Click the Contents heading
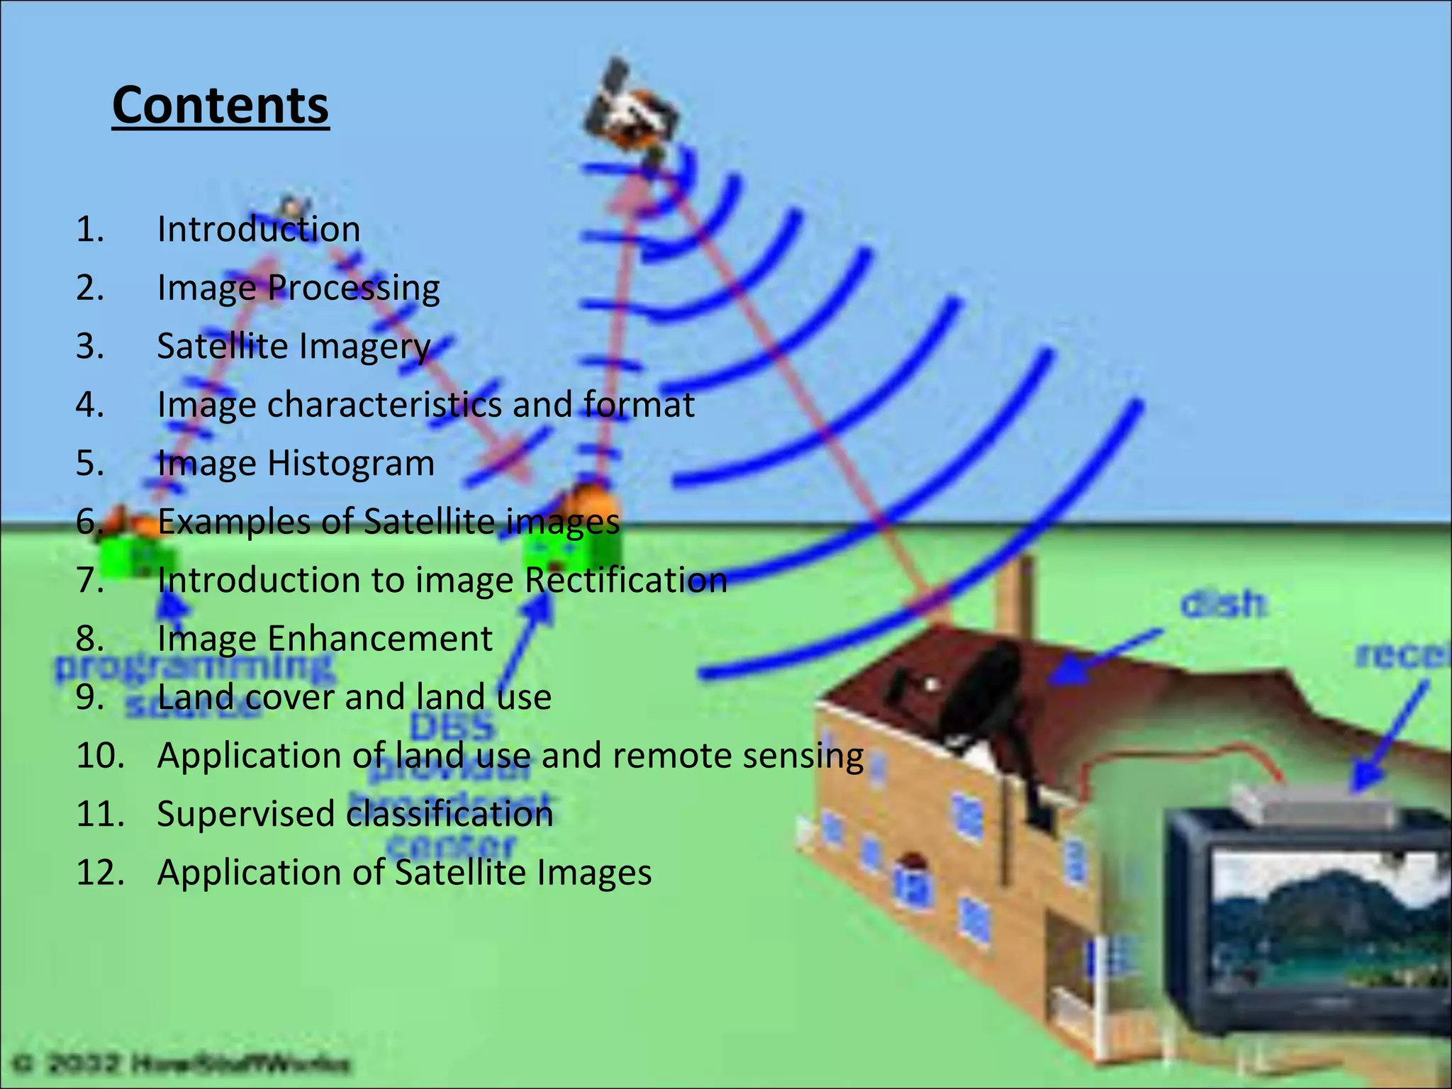220,106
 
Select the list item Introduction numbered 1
258,229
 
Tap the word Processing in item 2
354,288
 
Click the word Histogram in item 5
350,463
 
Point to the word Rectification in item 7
625,580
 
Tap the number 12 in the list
99,872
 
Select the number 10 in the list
99,755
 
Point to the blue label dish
1222,605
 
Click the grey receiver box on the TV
1312,801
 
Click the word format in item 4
638,405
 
